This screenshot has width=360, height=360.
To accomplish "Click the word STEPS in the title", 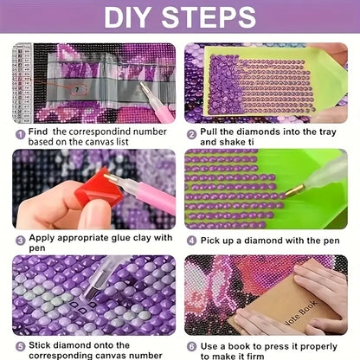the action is point(209,17).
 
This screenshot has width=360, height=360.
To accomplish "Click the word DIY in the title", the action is point(126,17).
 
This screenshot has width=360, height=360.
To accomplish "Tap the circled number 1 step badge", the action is point(20,134).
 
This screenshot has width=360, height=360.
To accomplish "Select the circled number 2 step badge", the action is point(192,134).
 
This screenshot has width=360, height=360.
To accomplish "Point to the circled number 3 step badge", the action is point(21,241).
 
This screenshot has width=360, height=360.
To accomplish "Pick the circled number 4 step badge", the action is point(192,241).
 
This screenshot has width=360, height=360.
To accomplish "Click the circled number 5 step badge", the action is point(21,347).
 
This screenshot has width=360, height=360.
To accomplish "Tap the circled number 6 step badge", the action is point(192,347).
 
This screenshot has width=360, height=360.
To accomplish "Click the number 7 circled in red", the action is point(77,90).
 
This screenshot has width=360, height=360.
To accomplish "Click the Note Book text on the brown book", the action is point(300,313).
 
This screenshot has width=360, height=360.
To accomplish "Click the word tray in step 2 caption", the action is point(328,132).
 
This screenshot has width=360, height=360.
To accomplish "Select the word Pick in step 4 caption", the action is point(210,241).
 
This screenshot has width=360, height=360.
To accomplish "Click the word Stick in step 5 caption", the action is point(40,345).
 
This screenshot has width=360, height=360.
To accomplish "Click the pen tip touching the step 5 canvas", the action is point(89,296).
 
